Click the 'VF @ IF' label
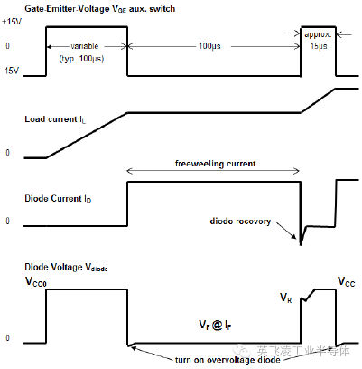tap(214, 324)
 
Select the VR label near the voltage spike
tap(287, 296)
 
